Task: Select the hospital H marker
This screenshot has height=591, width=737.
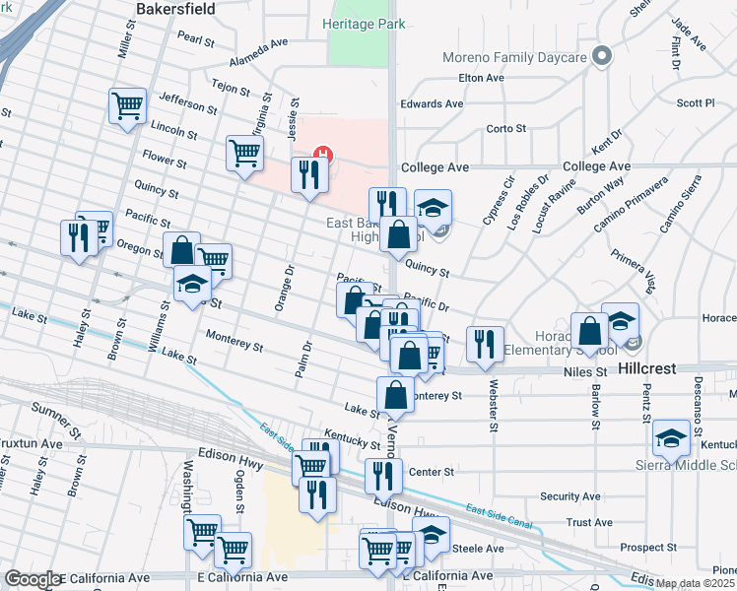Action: point(320,154)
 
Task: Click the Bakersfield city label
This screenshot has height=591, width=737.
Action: point(174,7)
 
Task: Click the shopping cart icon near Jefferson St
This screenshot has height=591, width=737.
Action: point(127,105)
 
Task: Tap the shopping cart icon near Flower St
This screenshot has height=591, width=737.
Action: point(243,152)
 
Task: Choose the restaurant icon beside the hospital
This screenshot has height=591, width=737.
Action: point(308,175)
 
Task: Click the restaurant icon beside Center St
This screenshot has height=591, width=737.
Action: point(382,475)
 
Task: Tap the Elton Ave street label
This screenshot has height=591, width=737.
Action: point(481,77)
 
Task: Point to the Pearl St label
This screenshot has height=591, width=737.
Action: point(196,40)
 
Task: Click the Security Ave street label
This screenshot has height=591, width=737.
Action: point(569,496)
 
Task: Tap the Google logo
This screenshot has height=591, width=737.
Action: point(32,579)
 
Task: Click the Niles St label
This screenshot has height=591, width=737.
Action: point(586,372)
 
